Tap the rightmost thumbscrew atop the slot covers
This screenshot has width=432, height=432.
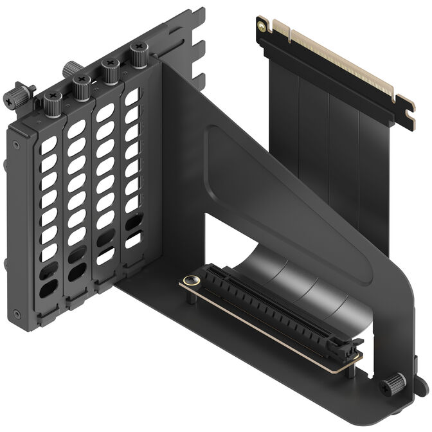tap(138, 51)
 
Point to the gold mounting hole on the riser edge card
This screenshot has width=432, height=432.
tap(260, 26)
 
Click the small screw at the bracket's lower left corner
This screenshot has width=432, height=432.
tap(17, 314)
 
